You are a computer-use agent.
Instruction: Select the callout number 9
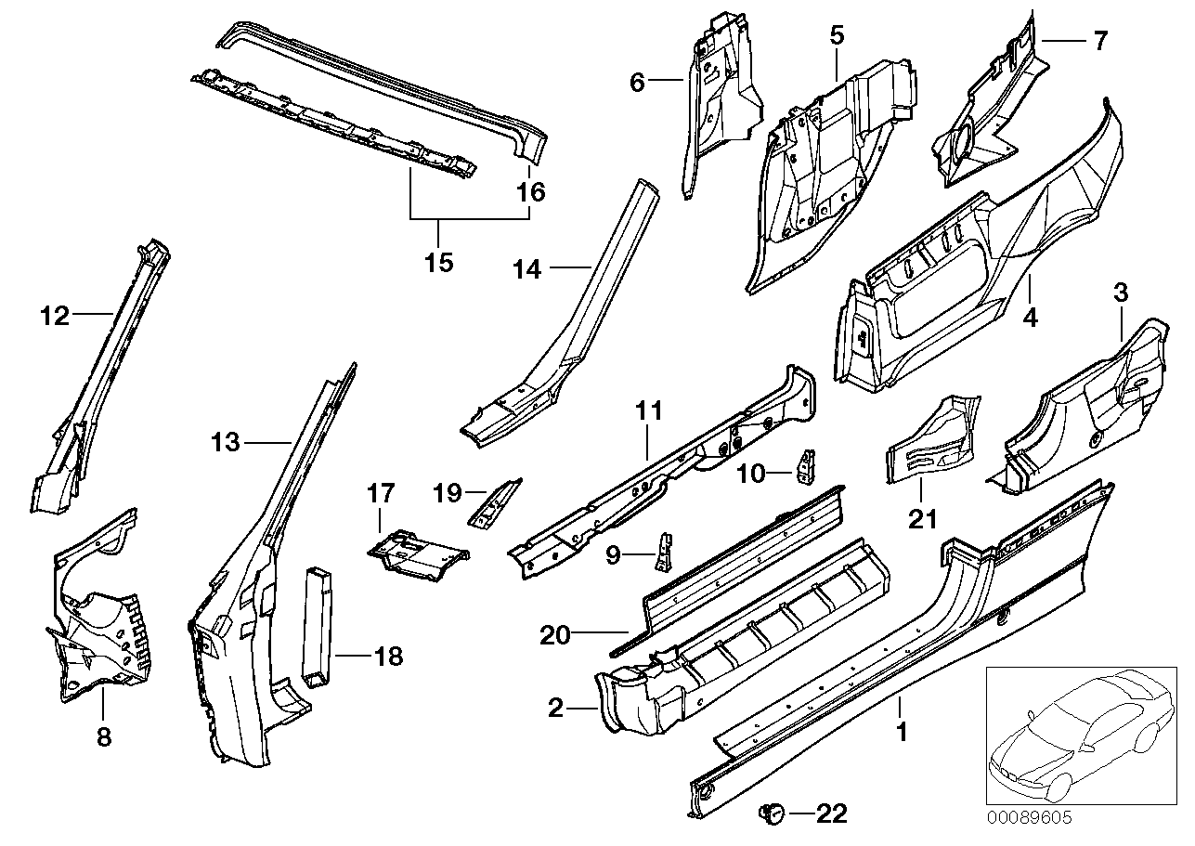coord(612,556)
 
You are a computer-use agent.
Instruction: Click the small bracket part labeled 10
coord(806,465)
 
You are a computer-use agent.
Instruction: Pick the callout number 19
coord(448,492)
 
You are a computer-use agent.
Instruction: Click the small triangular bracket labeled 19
coord(493,504)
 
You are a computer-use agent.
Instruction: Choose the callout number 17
coord(381,493)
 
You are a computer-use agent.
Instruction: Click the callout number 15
coord(438,262)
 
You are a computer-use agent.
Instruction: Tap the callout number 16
coord(531,192)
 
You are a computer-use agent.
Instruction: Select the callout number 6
coord(637,83)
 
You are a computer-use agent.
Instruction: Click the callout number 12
coord(55,317)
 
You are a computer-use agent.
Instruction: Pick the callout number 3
coord(1121,293)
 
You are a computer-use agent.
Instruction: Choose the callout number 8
coord(103,737)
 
